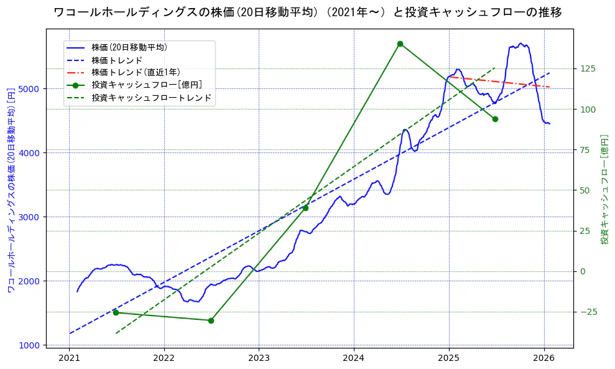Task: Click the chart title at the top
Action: click(x=308, y=12)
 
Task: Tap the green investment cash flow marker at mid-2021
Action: click(x=116, y=312)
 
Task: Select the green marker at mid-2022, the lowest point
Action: click(x=211, y=320)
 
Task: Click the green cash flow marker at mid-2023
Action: click(x=305, y=208)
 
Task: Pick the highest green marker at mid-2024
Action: click(x=400, y=44)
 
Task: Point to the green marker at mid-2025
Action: click(x=495, y=119)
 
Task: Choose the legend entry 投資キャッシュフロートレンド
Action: click(x=151, y=98)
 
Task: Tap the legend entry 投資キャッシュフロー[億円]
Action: click(x=146, y=85)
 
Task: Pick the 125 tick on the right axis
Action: click(x=588, y=68)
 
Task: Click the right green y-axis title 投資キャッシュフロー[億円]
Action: click(x=604, y=190)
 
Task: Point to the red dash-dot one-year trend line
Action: click(x=497, y=82)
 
